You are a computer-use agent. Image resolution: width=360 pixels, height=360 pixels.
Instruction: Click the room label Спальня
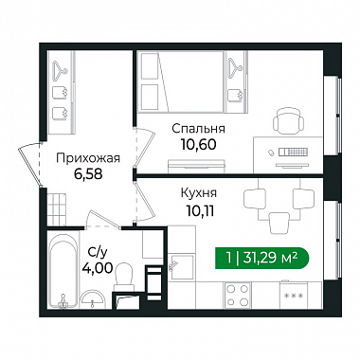(198, 129)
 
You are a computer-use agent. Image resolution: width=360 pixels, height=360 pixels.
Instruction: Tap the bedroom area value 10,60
(198, 144)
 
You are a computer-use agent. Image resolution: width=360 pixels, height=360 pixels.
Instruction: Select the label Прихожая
(88, 158)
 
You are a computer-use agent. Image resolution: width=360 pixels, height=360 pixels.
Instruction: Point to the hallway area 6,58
(88, 173)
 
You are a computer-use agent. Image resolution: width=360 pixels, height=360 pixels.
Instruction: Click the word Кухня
(199, 192)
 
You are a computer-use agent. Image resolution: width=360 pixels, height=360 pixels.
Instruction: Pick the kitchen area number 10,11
(200, 210)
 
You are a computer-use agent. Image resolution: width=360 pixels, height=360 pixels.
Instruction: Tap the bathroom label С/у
(98, 252)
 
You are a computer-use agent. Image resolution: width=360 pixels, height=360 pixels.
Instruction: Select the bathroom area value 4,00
(98, 268)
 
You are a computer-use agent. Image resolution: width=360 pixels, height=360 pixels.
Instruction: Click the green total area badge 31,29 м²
(262, 258)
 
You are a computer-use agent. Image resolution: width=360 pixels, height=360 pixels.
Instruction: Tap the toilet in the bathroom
(124, 277)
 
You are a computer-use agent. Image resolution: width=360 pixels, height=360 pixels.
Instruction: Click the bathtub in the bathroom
(63, 271)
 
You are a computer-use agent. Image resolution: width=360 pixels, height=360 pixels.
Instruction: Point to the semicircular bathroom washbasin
(92, 299)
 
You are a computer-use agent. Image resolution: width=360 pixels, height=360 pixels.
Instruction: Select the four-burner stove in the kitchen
(237, 295)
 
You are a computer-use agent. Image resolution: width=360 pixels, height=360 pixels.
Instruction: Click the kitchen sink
(181, 268)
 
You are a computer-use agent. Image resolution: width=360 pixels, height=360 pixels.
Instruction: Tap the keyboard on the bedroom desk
(293, 153)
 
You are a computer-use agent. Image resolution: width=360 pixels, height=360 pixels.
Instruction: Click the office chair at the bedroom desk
(288, 121)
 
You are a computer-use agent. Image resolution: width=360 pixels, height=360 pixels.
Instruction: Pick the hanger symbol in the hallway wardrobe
(60, 69)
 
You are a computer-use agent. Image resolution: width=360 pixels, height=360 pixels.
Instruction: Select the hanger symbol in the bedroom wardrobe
(235, 65)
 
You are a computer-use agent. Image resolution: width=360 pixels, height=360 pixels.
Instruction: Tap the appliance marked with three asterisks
(294, 295)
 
